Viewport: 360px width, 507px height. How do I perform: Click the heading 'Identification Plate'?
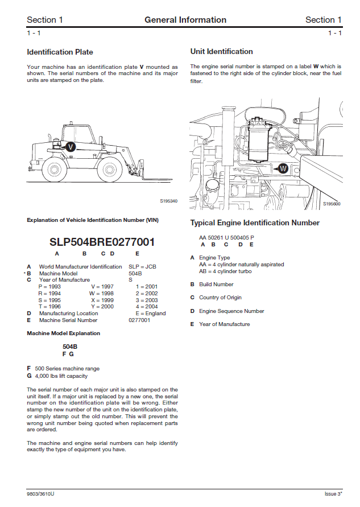[60, 52]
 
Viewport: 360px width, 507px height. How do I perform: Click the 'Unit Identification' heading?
[221, 52]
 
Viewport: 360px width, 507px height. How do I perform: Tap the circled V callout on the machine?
[70, 146]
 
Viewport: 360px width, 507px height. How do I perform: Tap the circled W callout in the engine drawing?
[283, 168]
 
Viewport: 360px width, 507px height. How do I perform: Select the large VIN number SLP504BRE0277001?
[102, 241]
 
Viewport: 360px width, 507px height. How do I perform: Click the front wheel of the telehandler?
[109, 169]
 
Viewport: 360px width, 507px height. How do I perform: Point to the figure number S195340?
[169, 201]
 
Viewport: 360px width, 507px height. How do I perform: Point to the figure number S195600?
[332, 204]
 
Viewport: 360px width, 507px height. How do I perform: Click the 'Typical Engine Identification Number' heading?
[255, 223]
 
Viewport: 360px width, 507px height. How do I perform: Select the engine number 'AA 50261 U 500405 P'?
[226, 237]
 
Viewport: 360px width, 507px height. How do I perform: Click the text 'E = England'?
[151, 314]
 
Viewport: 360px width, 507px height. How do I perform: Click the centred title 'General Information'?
[185, 20]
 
